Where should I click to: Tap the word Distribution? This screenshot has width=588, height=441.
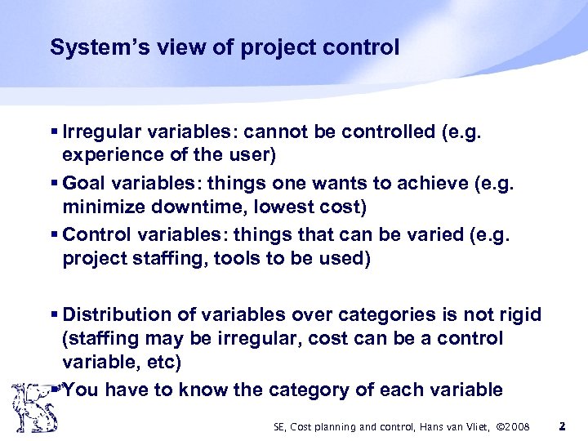[x=117, y=314]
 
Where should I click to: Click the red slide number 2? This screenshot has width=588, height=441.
[x=562, y=425]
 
